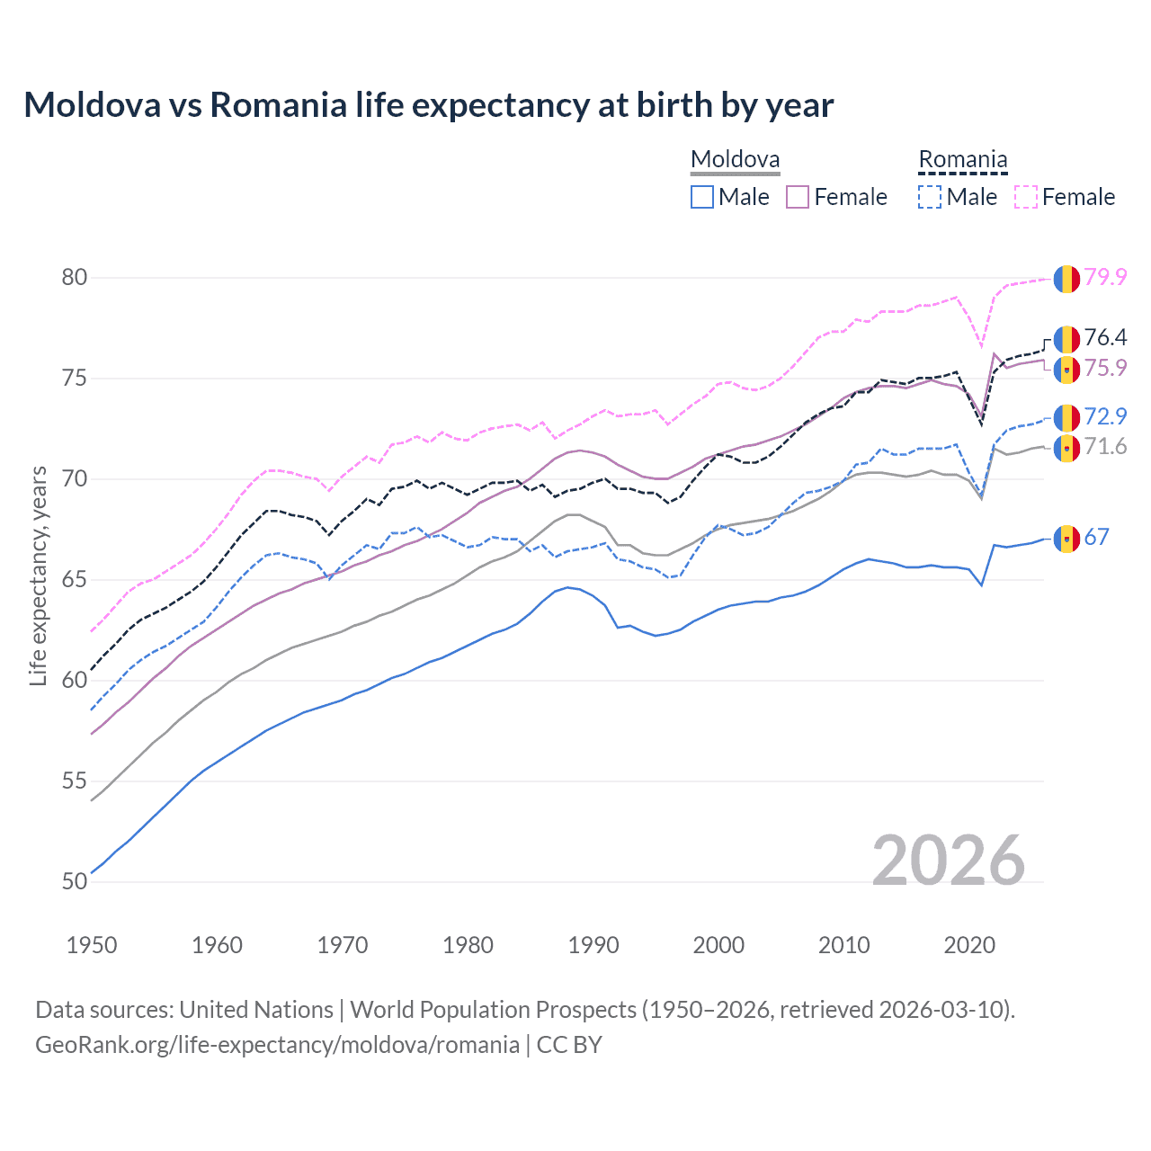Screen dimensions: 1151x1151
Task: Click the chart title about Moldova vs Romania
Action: click(428, 105)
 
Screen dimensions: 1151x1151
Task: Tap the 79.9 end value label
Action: click(1105, 277)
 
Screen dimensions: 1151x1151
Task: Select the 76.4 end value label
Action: click(1105, 337)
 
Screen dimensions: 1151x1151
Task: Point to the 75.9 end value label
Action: click(1105, 368)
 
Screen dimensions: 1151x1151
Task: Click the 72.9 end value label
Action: click(1105, 416)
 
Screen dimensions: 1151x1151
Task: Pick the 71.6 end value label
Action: click(1105, 446)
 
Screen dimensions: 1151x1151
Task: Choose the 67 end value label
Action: click(1096, 537)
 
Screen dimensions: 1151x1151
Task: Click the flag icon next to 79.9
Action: click(1066, 279)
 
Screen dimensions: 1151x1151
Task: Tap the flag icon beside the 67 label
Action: click(1066, 539)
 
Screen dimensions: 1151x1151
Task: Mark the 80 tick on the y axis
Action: click(75, 277)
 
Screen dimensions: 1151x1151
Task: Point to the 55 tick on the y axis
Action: click(75, 781)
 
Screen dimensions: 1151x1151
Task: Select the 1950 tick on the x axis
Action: click(92, 945)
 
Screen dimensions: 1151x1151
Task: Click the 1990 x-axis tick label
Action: click(593, 945)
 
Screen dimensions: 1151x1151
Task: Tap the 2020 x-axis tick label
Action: click(969, 945)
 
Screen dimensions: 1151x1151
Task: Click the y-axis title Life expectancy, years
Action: click(38, 575)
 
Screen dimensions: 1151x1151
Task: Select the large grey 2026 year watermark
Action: click(948, 861)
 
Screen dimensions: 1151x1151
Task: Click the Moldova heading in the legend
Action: click(735, 159)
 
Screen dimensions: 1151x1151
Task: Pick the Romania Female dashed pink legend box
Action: click(1026, 197)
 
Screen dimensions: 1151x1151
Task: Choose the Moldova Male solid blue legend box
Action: click(702, 197)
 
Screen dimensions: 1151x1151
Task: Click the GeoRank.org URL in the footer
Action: click(277, 1044)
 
